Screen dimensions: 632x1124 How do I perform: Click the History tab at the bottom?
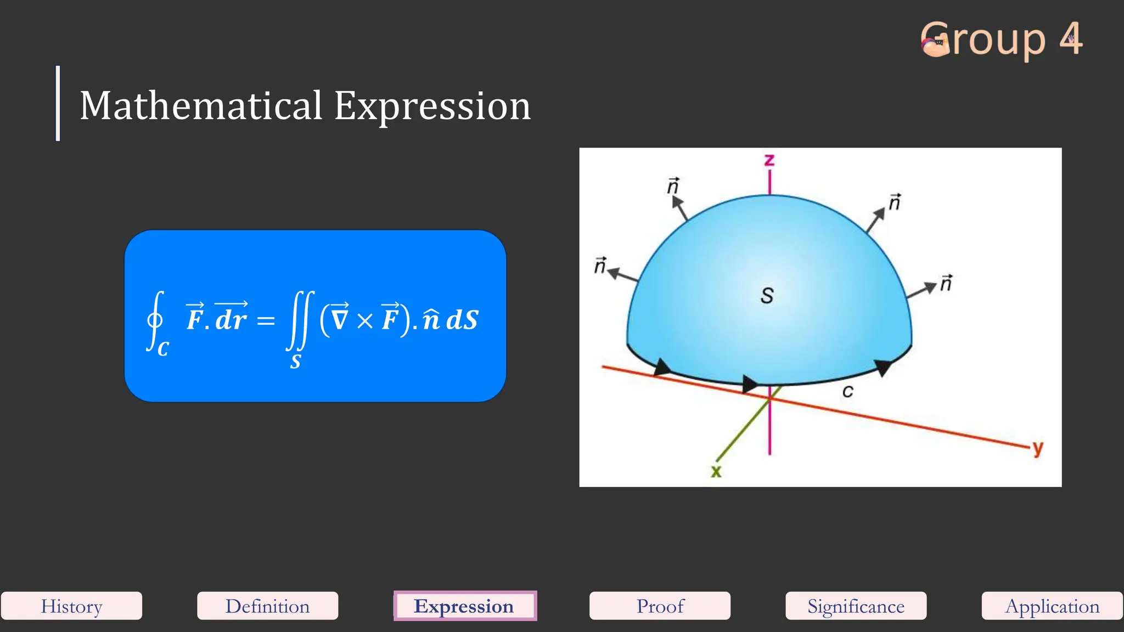[x=71, y=606]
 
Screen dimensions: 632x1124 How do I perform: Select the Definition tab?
[x=267, y=606]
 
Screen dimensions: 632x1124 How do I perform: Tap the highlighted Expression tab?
[x=464, y=606]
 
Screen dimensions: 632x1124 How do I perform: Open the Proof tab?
[x=660, y=606]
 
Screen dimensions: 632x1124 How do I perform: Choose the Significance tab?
[x=856, y=606]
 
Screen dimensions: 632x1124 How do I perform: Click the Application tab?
[x=1052, y=606]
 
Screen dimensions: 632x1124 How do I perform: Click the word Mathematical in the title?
[x=201, y=105]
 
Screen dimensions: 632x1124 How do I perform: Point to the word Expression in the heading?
[x=432, y=105]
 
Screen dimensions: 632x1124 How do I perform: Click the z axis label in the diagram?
[x=769, y=160]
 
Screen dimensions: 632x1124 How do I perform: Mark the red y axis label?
[x=1037, y=448]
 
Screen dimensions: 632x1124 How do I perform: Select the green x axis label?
[x=716, y=471]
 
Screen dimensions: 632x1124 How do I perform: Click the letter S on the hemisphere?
[x=767, y=296]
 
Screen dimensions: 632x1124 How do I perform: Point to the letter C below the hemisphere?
[x=847, y=391]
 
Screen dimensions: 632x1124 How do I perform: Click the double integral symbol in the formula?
[x=300, y=320]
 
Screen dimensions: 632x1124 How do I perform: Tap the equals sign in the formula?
[x=266, y=320]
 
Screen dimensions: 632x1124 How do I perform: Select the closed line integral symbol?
[x=155, y=320]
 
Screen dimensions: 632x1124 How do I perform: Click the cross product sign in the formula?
[x=365, y=321]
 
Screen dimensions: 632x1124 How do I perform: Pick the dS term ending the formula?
[x=462, y=320]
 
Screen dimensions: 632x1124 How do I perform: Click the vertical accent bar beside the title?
[x=58, y=103]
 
